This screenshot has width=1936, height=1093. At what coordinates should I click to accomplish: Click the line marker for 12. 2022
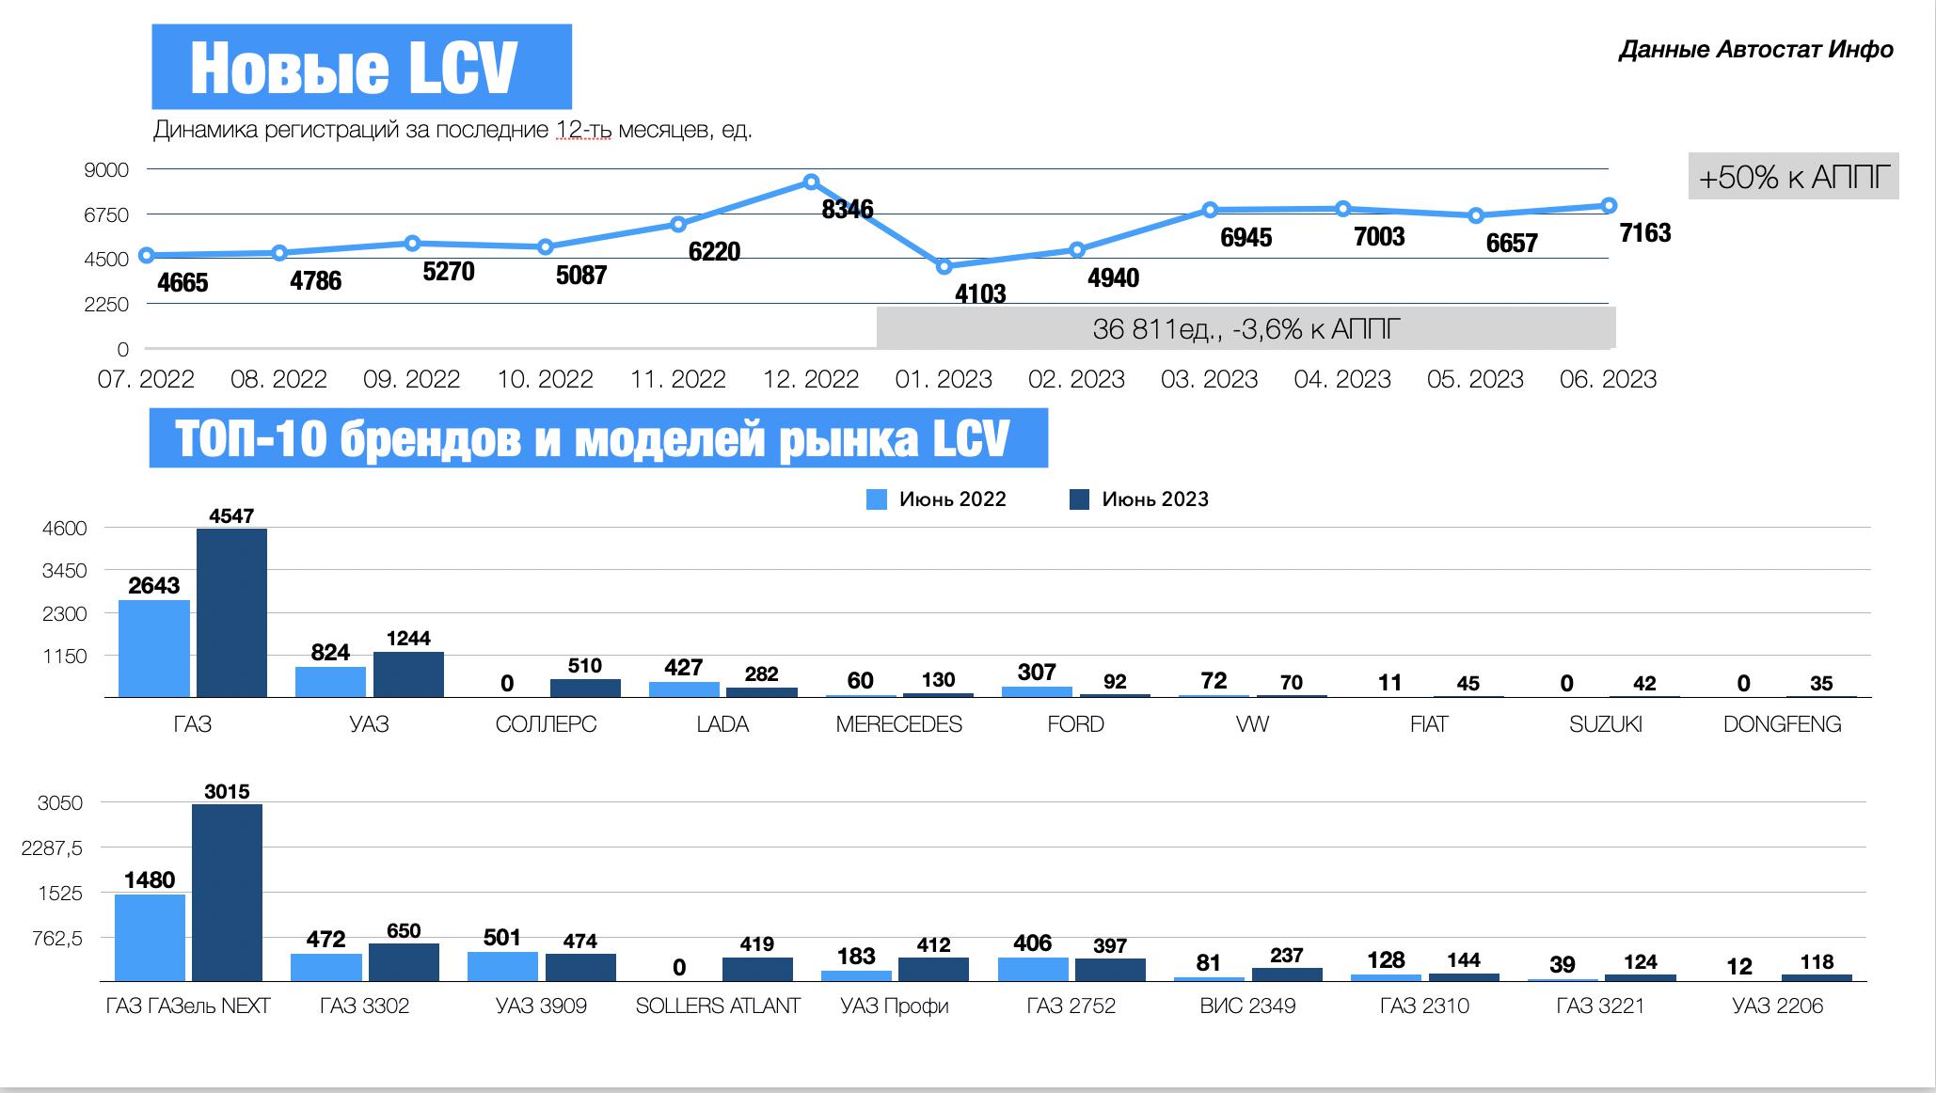tap(811, 182)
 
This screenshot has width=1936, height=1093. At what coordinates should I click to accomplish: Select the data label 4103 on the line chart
tap(980, 294)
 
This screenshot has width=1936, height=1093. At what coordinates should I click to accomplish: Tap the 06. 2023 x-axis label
tap(1608, 379)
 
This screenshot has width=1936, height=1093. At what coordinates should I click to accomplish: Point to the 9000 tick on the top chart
tap(106, 170)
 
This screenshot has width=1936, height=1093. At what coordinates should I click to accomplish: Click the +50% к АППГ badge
tap(1793, 176)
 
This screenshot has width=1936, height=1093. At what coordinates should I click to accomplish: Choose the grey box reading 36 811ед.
tap(1246, 328)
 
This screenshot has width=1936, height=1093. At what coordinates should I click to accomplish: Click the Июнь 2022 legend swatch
tap(876, 499)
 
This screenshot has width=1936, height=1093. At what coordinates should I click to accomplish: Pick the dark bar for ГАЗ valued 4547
tap(231, 612)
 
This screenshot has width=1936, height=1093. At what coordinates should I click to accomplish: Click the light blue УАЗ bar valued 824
tap(330, 681)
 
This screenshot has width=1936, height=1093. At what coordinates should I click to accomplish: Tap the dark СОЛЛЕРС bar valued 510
tap(585, 688)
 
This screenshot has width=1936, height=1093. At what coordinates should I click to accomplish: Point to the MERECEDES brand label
tap(898, 724)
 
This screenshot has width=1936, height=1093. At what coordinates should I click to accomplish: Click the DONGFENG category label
tap(1782, 724)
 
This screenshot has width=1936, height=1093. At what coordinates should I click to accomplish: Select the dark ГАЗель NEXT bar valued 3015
tap(227, 892)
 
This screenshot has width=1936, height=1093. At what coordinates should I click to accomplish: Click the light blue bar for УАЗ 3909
tap(502, 966)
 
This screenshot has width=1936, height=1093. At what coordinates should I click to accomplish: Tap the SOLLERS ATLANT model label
tap(718, 1006)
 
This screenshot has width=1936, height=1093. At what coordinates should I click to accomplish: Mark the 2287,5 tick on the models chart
tap(52, 848)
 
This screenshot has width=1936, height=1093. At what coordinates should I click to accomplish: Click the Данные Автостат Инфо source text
tap(1755, 50)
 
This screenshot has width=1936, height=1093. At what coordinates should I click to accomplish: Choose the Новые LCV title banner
tap(361, 67)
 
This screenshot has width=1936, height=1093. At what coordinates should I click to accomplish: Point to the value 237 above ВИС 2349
tap(1286, 956)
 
